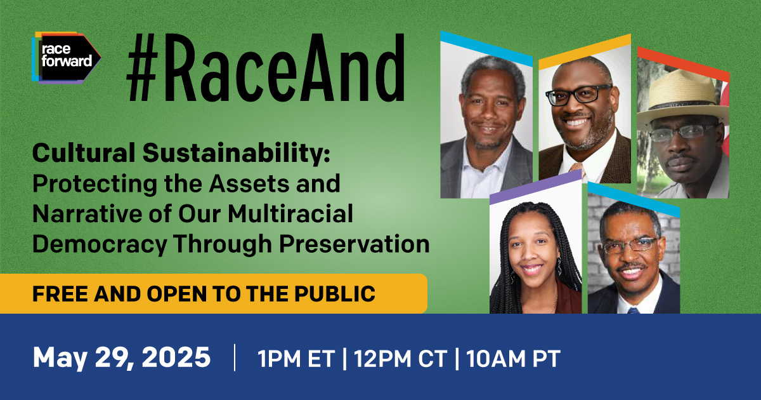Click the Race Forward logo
pos(66,58)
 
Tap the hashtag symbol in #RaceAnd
pos(143,68)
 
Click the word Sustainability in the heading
pos(237,154)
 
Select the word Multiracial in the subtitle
pos(290,213)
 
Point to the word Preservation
pos(354,244)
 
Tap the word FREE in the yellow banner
pos(60,293)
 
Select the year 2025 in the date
pos(176,357)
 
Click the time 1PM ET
pos(296,359)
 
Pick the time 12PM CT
pos(401,359)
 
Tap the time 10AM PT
pos(513,359)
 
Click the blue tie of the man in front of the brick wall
pos(633,310)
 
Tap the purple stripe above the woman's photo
pos(536,187)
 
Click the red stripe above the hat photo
pos(684,64)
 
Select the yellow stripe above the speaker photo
pos(585,52)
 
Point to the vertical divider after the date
pos(235,357)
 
